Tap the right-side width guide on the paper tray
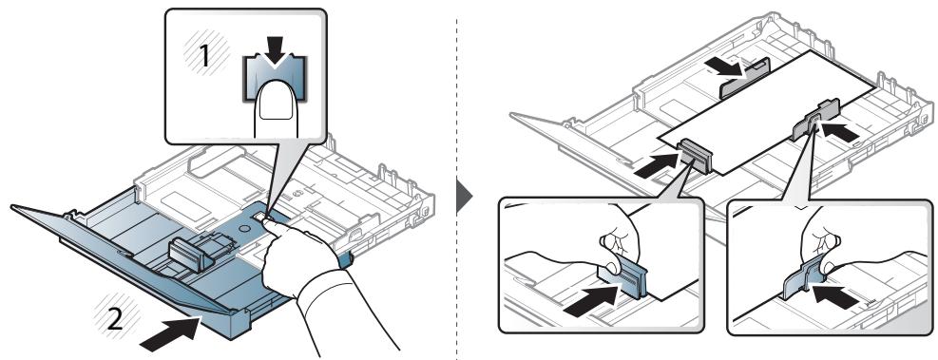pyautogui.click(x=814, y=120)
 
